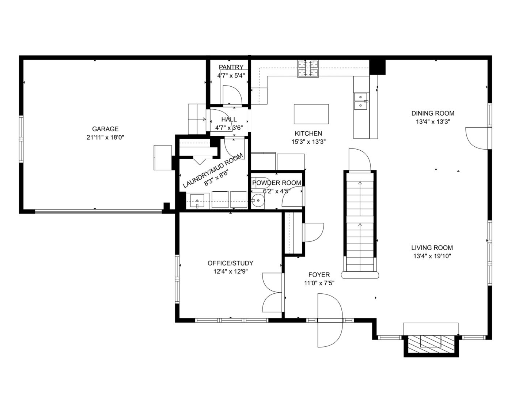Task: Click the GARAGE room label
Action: click(x=105, y=129)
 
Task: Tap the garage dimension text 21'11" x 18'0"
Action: click(x=105, y=138)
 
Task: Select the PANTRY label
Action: click(x=231, y=67)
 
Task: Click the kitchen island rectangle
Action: click(x=311, y=114)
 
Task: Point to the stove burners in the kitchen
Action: click(x=308, y=68)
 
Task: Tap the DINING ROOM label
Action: click(x=433, y=113)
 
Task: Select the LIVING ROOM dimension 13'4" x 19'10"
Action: click(x=432, y=256)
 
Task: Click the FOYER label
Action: click(x=319, y=275)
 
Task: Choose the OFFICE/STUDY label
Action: click(x=230, y=263)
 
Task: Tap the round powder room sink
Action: click(x=258, y=201)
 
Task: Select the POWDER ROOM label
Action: click(x=277, y=183)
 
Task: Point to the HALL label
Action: click(x=229, y=119)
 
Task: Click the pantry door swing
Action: click(x=232, y=94)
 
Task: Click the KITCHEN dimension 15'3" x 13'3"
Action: click(x=308, y=142)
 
